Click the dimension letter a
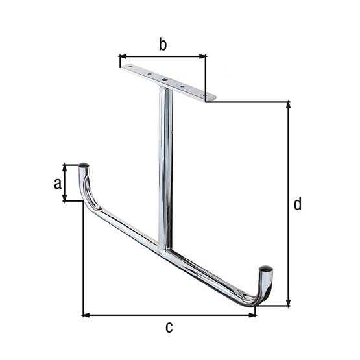58,184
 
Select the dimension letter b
163,45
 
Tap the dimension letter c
169,328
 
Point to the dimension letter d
297,204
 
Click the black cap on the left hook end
84,165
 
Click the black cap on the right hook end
266,267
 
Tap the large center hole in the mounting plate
165,82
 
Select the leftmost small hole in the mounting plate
130,67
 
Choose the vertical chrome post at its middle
165,169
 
